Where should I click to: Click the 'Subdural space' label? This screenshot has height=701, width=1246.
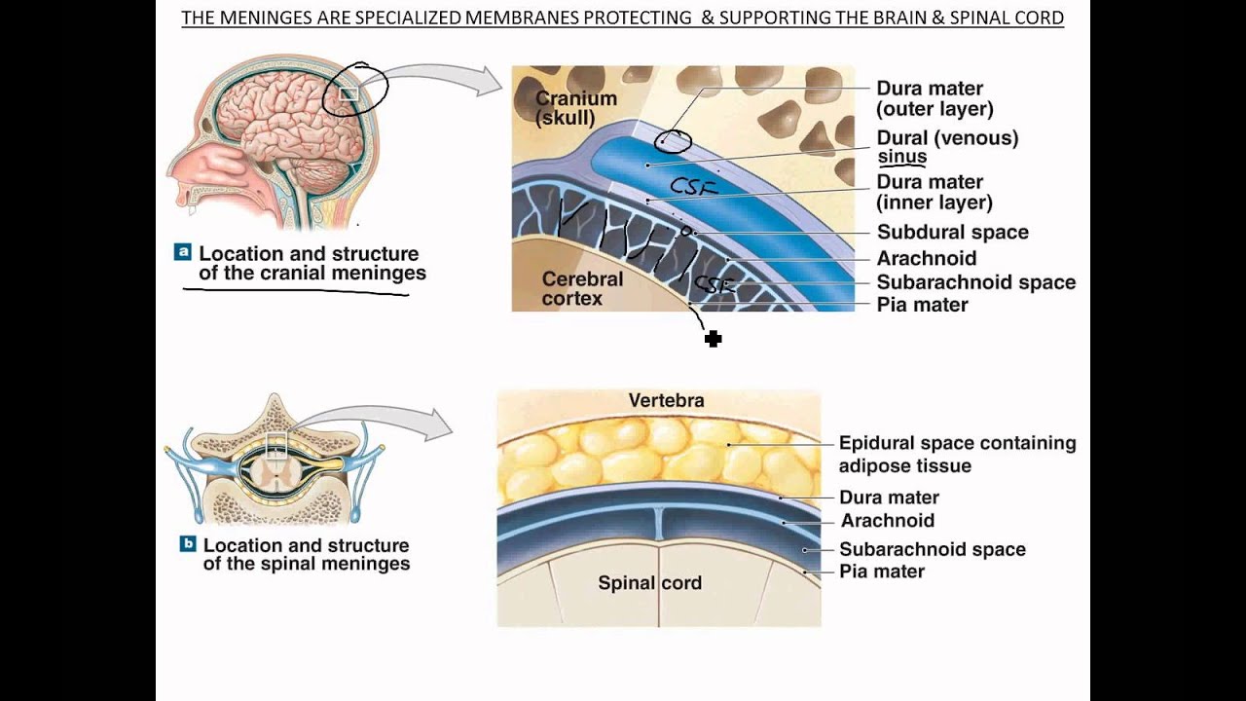[952, 233]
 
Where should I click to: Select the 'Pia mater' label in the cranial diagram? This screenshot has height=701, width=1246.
[922, 305]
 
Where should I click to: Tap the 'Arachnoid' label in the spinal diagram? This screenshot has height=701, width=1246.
[887, 521]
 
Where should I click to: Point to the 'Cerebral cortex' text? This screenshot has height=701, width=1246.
[582, 289]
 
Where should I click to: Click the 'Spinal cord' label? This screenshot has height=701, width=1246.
[649, 584]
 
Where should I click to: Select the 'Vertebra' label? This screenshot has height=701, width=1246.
[666, 400]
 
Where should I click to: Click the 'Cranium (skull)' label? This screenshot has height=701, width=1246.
[575, 108]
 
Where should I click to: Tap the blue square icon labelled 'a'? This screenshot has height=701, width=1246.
[182, 252]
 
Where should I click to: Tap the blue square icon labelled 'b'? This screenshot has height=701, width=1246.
[188, 544]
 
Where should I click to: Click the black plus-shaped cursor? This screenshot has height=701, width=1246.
[714, 339]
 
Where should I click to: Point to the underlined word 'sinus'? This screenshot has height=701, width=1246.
[901, 157]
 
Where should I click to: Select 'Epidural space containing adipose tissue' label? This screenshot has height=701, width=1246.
[957, 454]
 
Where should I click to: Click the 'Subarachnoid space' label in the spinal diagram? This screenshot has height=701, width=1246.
[932, 549]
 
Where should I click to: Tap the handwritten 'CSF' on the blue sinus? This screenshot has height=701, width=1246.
[693, 187]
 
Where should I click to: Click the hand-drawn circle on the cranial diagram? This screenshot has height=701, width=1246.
[673, 141]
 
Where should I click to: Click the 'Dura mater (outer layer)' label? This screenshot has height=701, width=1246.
[934, 99]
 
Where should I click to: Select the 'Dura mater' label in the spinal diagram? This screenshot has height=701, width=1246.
[889, 498]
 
